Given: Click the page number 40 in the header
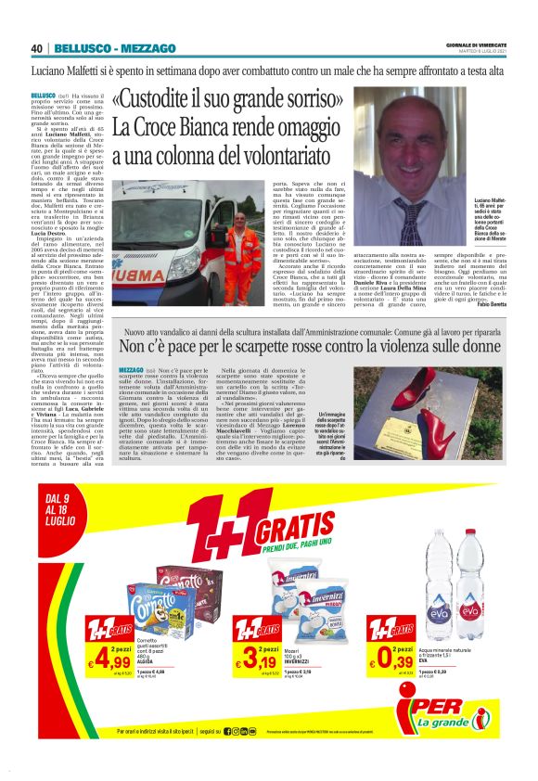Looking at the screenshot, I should [37, 48].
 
